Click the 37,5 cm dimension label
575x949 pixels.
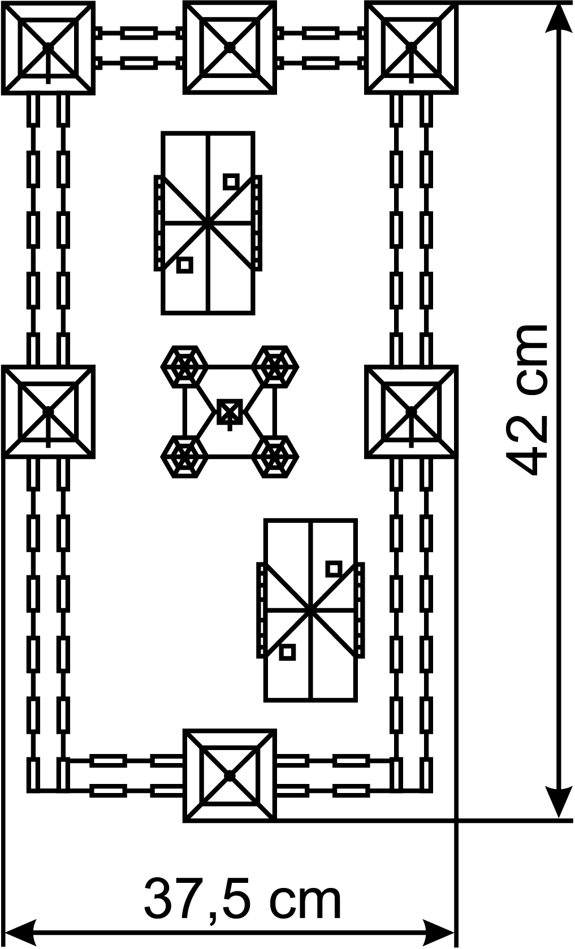tap(243, 899)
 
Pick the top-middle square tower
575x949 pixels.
tap(230, 47)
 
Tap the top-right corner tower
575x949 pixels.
tap(411, 47)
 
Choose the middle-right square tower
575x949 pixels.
tap(411, 411)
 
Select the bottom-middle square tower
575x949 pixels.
tap(230, 775)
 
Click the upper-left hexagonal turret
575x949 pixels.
tap(184, 366)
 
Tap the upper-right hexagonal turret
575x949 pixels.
tap(275, 366)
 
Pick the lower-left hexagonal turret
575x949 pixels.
tap(184, 456)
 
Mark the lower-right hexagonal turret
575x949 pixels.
tap(275, 456)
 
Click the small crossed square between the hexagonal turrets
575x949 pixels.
tap(230, 411)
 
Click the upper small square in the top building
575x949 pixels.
tap(230, 181)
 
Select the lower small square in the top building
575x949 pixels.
tap(184, 265)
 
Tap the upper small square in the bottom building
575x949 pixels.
tap(333, 569)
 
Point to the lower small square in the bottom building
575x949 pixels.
tap(287, 652)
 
